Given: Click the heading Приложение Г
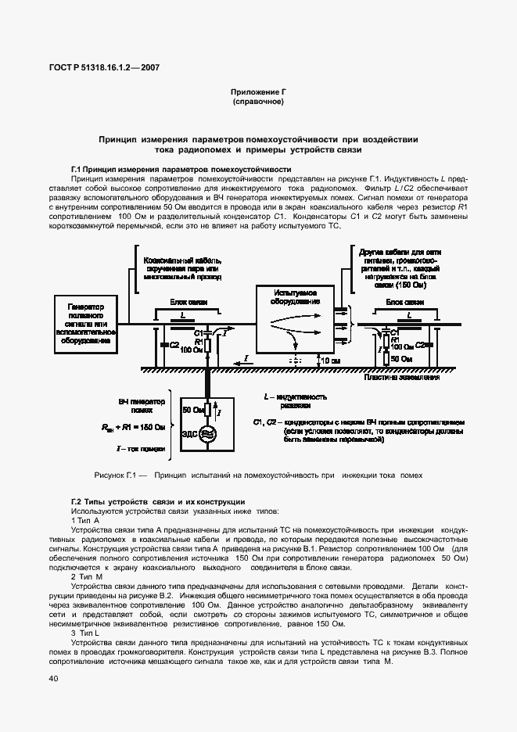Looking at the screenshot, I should pyautogui.click(x=257, y=92).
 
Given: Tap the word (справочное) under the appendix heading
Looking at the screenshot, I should pyautogui.click(x=257, y=102).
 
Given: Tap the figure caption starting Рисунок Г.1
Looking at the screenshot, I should pyautogui.click(x=257, y=475).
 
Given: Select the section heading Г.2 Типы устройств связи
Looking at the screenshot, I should pyautogui.click(x=158, y=501).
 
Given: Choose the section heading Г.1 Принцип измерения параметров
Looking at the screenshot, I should pyautogui.click(x=181, y=169).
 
